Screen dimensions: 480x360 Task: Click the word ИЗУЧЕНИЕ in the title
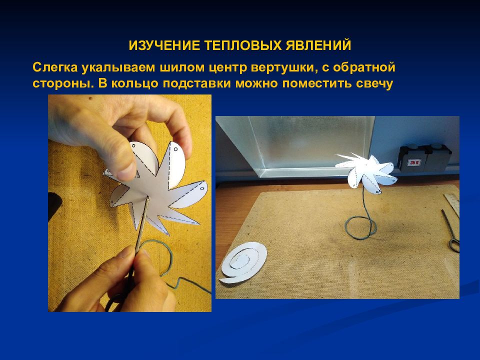164,45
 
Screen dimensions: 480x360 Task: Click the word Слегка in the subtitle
55,67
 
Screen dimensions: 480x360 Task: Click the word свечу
374,83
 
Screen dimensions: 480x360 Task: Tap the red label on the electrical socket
414,162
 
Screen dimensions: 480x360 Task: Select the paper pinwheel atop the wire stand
366,173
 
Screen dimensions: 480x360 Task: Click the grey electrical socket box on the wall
424,158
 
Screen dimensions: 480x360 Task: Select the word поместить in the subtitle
317,83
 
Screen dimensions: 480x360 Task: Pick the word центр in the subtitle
228,68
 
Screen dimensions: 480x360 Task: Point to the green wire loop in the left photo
169,260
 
